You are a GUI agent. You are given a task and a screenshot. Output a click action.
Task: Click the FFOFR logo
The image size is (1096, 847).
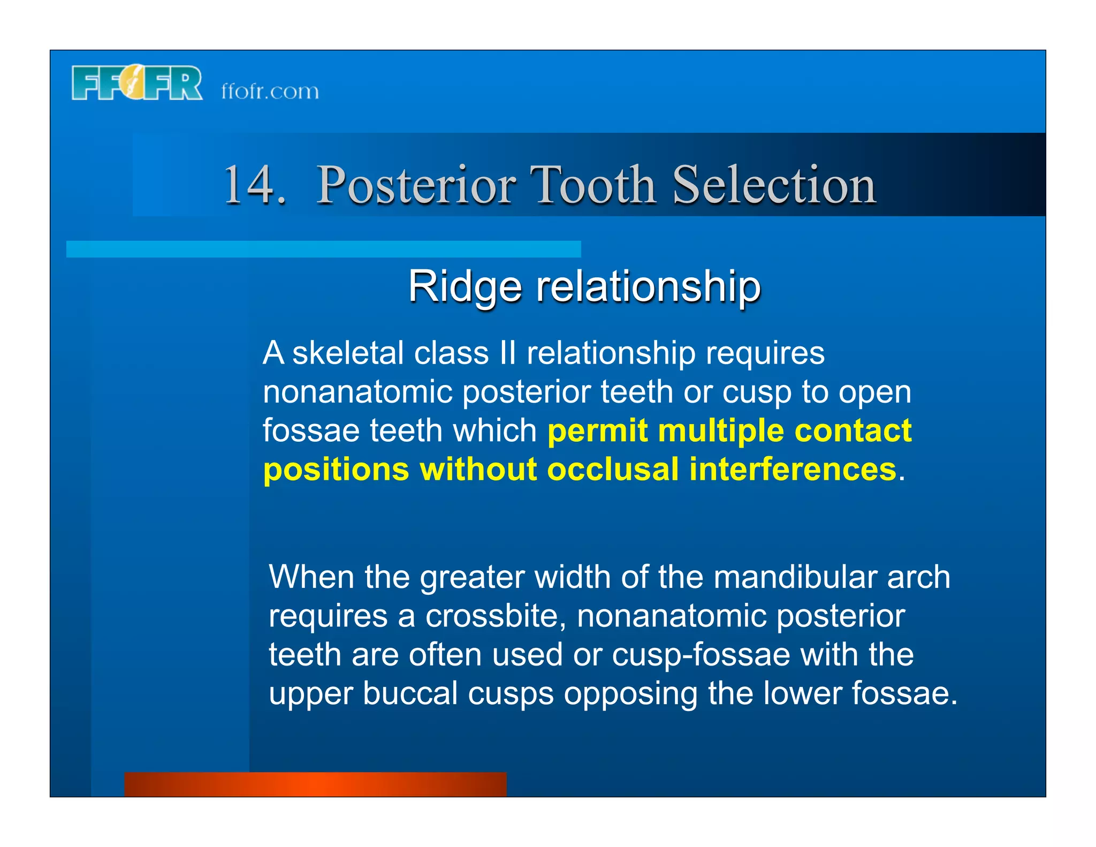click(137, 83)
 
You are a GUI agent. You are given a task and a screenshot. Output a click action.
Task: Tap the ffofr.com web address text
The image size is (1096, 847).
click(270, 91)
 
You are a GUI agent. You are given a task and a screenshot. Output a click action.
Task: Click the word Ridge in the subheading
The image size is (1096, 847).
click(464, 286)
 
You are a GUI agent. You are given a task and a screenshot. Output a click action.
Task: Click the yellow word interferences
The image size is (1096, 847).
click(793, 470)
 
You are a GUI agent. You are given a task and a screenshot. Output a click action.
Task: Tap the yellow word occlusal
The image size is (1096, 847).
click(613, 470)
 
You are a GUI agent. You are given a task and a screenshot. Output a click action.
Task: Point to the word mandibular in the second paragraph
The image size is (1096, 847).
click(795, 577)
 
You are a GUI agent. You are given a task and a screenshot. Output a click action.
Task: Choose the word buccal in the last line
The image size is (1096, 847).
click(410, 693)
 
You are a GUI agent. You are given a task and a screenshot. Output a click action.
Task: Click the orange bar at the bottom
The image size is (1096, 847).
click(315, 784)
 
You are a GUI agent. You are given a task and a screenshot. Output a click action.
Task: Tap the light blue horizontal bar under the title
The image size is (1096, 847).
click(323, 249)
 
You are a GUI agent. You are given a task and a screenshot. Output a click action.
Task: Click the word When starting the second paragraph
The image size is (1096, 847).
click(311, 577)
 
